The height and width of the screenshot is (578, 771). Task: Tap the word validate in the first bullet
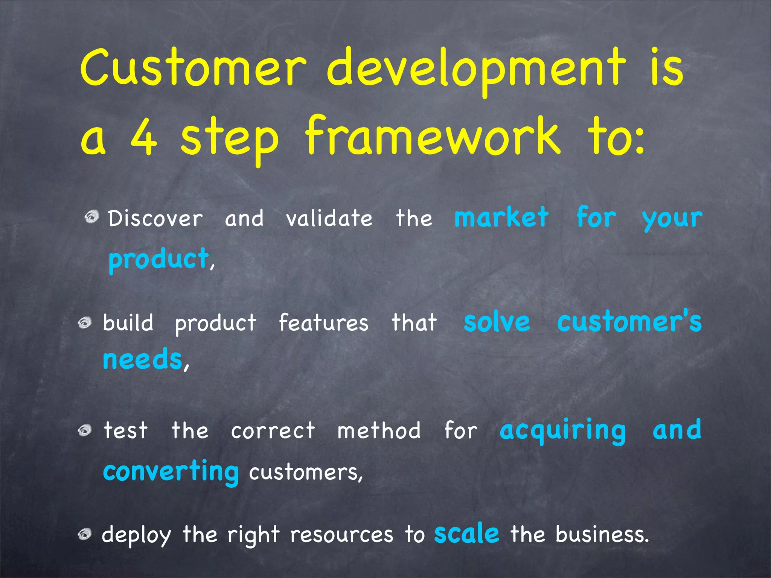click(329, 219)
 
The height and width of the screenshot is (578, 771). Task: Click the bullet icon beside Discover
click(91, 217)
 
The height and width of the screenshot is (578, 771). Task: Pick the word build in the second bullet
click(128, 323)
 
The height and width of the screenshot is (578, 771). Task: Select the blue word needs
click(142, 359)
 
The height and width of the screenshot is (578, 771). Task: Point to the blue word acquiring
click(562, 431)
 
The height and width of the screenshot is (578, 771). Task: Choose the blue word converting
click(171, 472)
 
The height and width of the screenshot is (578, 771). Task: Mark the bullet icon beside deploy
click(85, 534)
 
